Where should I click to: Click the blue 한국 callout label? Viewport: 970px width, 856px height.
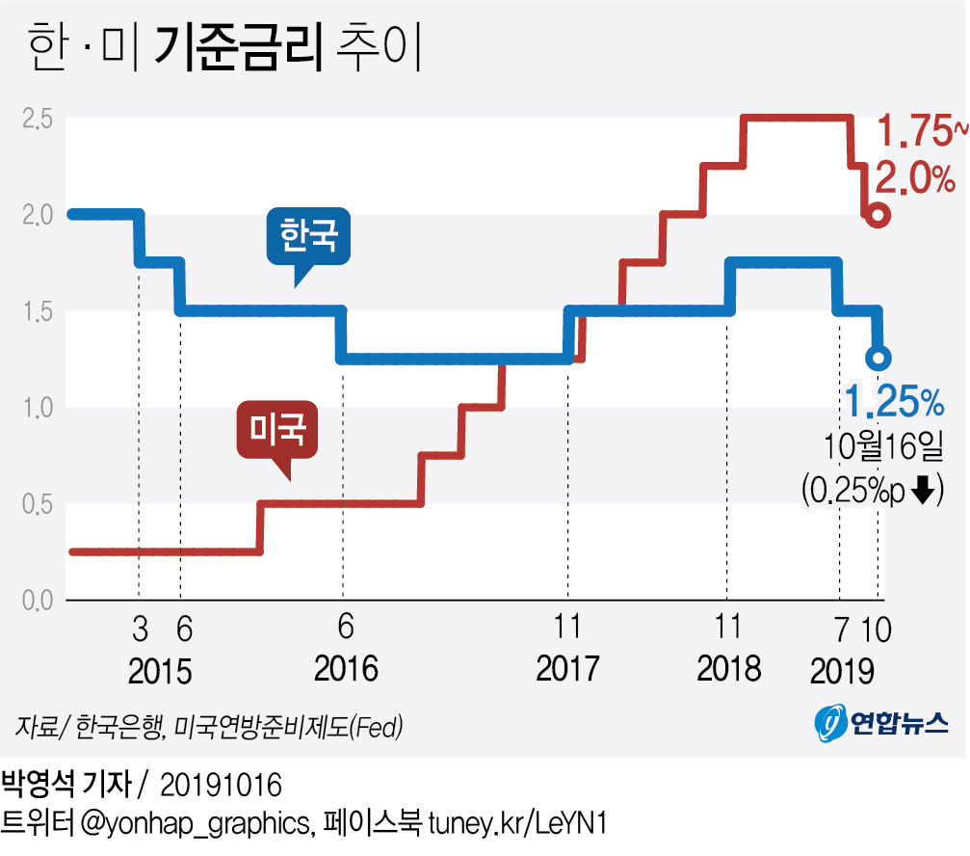[x=308, y=237]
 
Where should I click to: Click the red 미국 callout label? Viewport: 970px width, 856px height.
[x=277, y=431]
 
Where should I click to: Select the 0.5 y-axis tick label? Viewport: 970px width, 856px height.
[x=38, y=504]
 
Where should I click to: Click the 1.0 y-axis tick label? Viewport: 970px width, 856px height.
[x=38, y=408]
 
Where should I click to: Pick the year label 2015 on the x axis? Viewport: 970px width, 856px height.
[x=159, y=670]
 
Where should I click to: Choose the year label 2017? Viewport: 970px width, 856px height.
[x=568, y=668]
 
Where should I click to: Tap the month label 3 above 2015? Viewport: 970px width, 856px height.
[x=140, y=629]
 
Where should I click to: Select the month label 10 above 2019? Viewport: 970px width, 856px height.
[x=877, y=629]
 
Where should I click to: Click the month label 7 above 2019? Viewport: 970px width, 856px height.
[x=842, y=629]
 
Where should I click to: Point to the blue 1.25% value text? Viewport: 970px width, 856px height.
[x=891, y=398]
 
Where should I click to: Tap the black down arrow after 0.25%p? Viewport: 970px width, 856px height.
[x=922, y=491]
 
